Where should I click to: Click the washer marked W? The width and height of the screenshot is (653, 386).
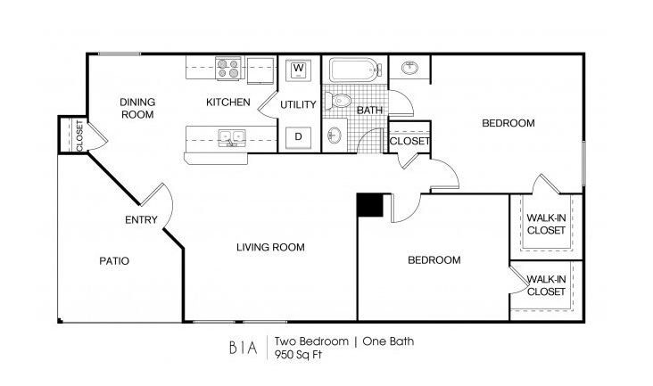(x=299, y=69)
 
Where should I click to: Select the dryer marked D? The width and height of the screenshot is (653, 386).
(x=299, y=137)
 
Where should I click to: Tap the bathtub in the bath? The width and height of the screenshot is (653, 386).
(x=355, y=70)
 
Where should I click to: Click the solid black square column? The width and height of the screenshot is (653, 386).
(x=369, y=205)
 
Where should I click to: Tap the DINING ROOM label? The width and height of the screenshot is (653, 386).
(x=137, y=108)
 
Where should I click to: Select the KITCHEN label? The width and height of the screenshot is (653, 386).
(x=227, y=103)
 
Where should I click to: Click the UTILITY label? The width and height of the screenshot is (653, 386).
(x=298, y=104)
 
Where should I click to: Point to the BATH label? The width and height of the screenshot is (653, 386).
(x=369, y=111)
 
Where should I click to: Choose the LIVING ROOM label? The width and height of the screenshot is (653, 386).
(x=270, y=247)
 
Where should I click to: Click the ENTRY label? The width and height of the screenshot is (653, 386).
(x=141, y=220)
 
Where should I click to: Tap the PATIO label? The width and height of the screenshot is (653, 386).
(x=114, y=261)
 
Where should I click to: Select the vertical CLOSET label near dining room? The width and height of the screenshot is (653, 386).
(x=79, y=136)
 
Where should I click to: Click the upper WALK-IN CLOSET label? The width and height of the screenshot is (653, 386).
(x=545, y=223)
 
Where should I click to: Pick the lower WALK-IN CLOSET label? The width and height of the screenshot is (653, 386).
(x=545, y=285)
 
